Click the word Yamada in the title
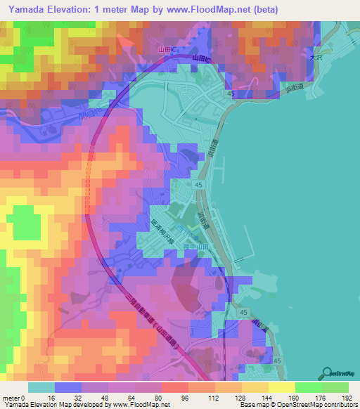point(30,10)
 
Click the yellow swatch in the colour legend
point(282,387)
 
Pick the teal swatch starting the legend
point(41,387)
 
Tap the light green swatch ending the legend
point(335,387)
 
